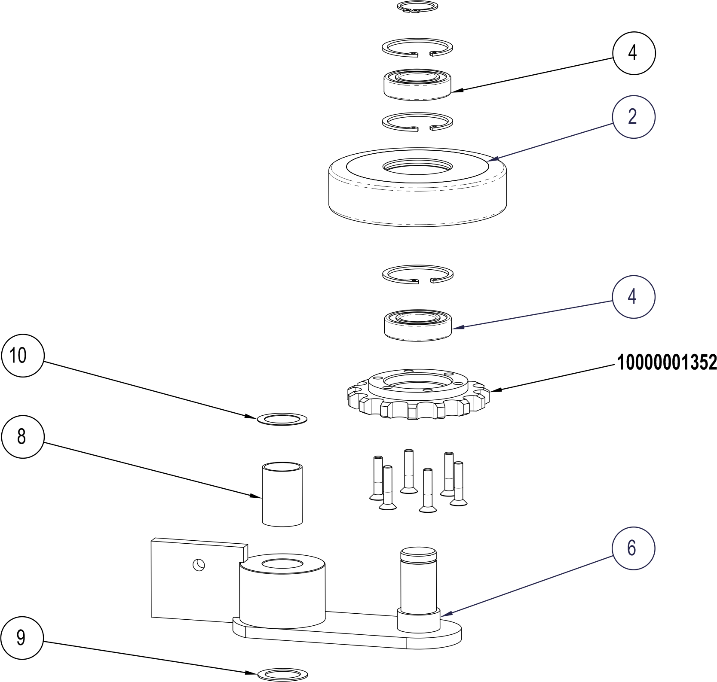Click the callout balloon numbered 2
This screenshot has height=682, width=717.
coord(634,117)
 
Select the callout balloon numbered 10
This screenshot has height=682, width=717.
coord(23,356)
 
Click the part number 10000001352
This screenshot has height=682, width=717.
coord(667,363)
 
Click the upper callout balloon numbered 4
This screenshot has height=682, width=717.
coord(634,53)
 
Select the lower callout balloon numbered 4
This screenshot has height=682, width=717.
coord(634,297)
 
